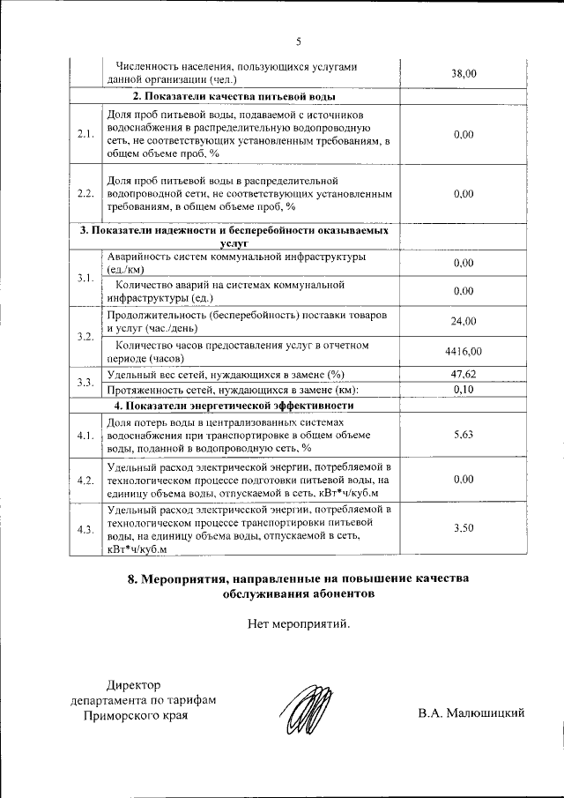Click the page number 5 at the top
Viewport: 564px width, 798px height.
(x=298, y=41)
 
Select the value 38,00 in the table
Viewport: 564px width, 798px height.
(x=464, y=74)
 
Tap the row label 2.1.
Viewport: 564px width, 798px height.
(x=85, y=135)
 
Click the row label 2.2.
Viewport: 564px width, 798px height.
(x=85, y=194)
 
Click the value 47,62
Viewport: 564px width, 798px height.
(x=464, y=375)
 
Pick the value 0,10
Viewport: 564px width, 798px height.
(x=464, y=390)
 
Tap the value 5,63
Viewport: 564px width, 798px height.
(x=464, y=435)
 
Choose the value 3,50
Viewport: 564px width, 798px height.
(x=464, y=528)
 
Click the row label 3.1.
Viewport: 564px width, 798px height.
(x=85, y=278)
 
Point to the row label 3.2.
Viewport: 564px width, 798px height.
(x=85, y=337)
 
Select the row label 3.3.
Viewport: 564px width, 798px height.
(x=85, y=382)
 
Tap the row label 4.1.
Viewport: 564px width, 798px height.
(x=85, y=436)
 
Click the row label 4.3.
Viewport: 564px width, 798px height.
(x=85, y=529)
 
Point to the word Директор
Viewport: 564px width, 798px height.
(x=134, y=685)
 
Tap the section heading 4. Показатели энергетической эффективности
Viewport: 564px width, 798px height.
(x=234, y=406)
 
